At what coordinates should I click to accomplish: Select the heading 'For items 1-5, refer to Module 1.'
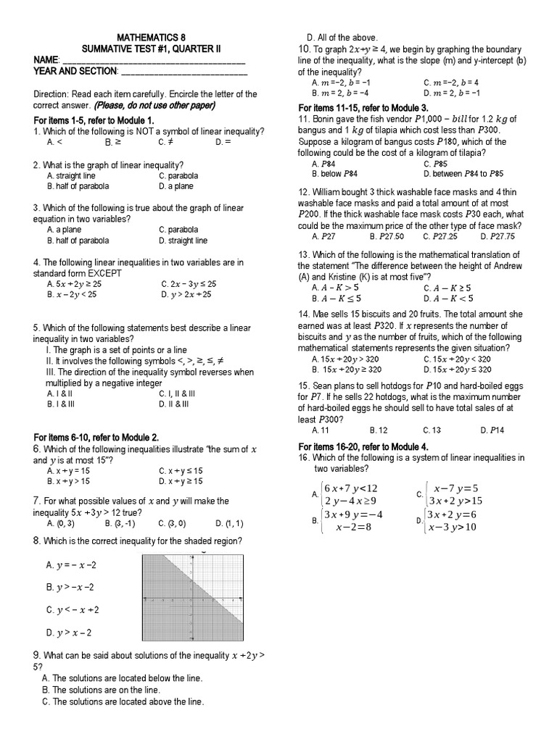(94, 120)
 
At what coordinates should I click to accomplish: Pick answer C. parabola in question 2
(178, 176)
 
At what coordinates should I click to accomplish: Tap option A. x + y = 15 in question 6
(69, 470)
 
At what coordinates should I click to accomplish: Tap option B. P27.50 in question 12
(385, 236)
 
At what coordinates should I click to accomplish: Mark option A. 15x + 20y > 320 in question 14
(350, 359)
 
